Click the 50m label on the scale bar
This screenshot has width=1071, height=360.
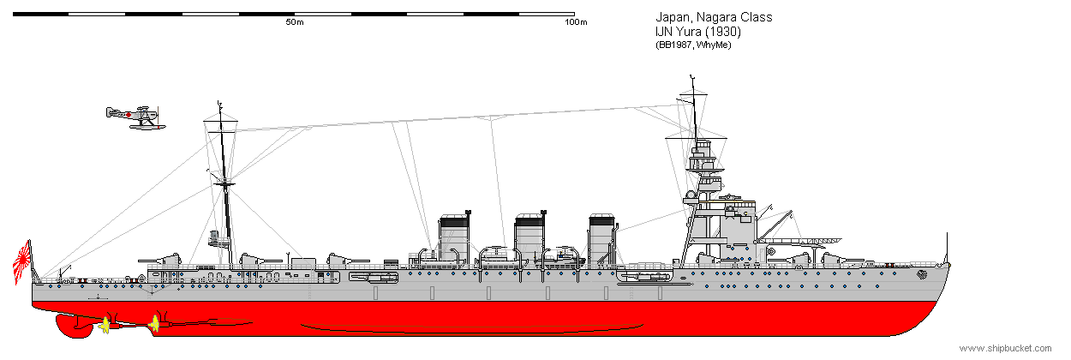tap(295, 22)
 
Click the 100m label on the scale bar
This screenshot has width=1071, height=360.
tap(576, 22)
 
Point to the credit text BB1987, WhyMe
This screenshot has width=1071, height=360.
tap(693, 45)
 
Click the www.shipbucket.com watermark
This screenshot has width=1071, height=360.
tap(1005, 348)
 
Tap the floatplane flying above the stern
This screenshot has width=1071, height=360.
tap(135, 117)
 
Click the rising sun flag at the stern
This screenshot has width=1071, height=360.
tap(22, 262)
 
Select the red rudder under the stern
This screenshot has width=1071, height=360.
tap(74, 326)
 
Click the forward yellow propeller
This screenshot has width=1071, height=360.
tap(154, 324)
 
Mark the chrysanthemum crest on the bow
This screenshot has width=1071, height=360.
tap(922, 275)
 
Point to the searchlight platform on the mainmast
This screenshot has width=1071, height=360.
tap(218, 239)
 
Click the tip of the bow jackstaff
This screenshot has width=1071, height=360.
tap(947, 233)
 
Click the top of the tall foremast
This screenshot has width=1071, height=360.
tap(691, 76)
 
